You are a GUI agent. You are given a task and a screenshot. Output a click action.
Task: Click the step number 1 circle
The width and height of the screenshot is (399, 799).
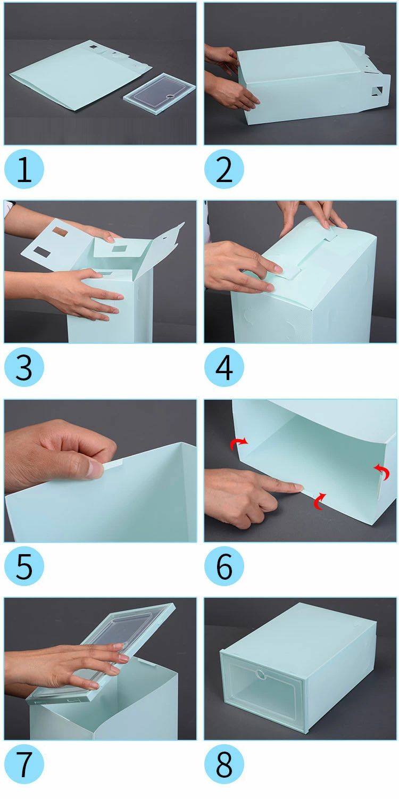(x=24, y=169)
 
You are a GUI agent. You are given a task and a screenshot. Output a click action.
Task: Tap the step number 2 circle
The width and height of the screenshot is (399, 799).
(x=224, y=169)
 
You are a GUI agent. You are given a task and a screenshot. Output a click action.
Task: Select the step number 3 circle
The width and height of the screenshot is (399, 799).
(x=24, y=367)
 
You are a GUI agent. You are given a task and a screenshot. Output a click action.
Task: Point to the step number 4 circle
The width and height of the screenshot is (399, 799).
(x=224, y=367)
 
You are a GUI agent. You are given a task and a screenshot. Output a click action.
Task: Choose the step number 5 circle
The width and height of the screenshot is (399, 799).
(x=24, y=566)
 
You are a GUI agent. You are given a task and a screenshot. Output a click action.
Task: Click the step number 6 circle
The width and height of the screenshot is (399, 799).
(x=224, y=566)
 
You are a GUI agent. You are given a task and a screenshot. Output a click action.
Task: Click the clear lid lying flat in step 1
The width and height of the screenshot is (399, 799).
(x=160, y=94)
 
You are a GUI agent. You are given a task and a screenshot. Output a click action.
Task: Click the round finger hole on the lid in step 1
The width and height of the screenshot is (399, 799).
(x=171, y=96)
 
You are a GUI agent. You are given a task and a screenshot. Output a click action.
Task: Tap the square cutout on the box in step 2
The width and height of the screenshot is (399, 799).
(x=377, y=91)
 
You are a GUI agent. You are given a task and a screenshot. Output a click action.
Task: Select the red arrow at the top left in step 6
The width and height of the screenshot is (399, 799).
(x=238, y=443)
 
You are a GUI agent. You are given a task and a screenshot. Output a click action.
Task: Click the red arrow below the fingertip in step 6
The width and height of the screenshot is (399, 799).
(x=319, y=501)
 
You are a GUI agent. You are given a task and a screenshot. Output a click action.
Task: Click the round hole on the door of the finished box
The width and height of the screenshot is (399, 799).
(x=261, y=674)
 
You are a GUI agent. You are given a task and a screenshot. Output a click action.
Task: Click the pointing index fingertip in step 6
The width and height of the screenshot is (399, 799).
(x=298, y=487)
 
